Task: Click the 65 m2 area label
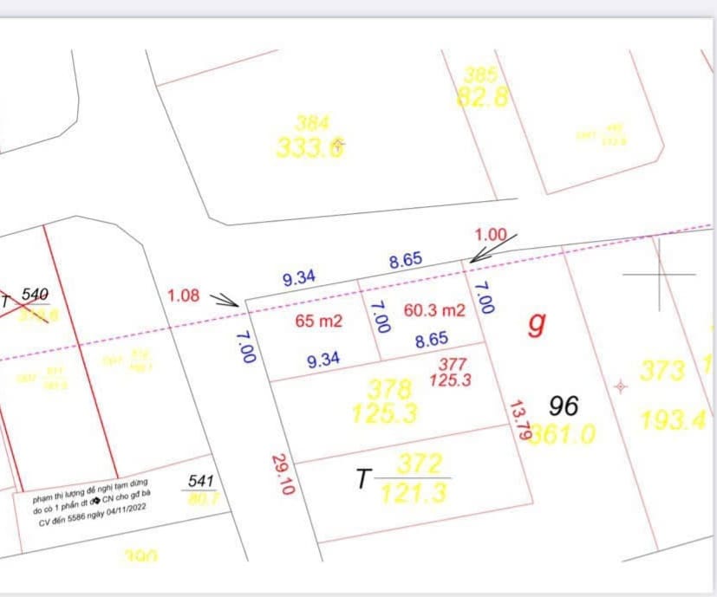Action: pyautogui.click(x=319, y=321)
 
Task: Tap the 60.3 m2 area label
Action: pyautogui.click(x=435, y=310)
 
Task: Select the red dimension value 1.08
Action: pyautogui.click(x=183, y=295)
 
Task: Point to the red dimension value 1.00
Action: pyautogui.click(x=491, y=234)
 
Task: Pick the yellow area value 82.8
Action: pyautogui.click(x=483, y=98)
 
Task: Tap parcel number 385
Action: pyautogui.click(x=481, y=75)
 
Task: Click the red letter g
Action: pyautogui.click(x=538, y=323)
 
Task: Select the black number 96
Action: pyautogui.click(x=564, y=406)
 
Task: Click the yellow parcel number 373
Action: pyautogui.click(x=662, y=371)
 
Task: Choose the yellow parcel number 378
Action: pyautogui.click(x=389, y=387)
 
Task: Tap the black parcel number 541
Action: pyautogui.click(x=201, y=479)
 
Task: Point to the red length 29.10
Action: pyautogui.click(x=284, y=474)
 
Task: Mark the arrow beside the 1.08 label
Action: pyautogui.click(x=225, y=300)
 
